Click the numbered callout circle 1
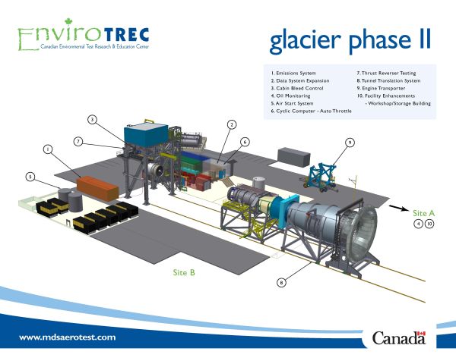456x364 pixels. click(x=48, y=150)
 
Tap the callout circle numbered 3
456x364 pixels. click(x=92, y=120)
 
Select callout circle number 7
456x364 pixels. click(x=78, y=141)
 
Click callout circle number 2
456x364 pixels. click(x=232, y=124)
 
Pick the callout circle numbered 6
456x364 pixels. click(x=245, y=142)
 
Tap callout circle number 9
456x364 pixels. click(x=350, y=142)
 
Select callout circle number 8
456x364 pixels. click(x=281, y=283)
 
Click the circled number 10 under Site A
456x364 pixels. click(x=429, y=224)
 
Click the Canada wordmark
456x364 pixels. click(x=399, y=338)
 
